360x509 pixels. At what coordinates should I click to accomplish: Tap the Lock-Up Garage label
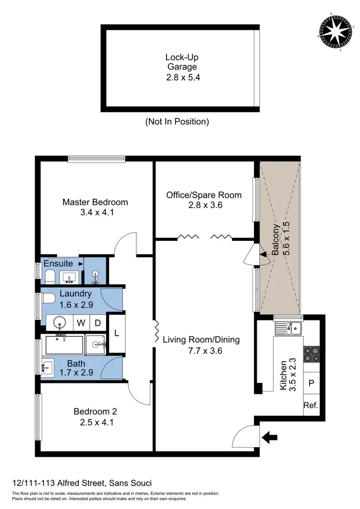tap(181, 67)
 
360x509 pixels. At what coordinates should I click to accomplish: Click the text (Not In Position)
tap(177, 121)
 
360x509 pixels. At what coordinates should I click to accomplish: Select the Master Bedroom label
tap(95, 207)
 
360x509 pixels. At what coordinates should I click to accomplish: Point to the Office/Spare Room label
tap(204, 200)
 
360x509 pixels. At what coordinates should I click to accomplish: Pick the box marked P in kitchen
tap(311, 383)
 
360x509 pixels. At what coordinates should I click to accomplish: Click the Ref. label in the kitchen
tap(311, 405)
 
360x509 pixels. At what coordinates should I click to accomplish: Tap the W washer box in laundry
tap(81, 323)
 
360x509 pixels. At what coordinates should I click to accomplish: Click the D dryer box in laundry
tap(97, 323)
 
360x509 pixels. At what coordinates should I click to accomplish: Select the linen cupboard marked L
tap(117, 332)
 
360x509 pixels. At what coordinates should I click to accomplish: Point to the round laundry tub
tap(59, 322)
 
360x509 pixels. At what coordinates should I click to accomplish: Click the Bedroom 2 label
tap(95, 416)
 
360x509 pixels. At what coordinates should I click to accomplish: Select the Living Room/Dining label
tap(201, 345)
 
